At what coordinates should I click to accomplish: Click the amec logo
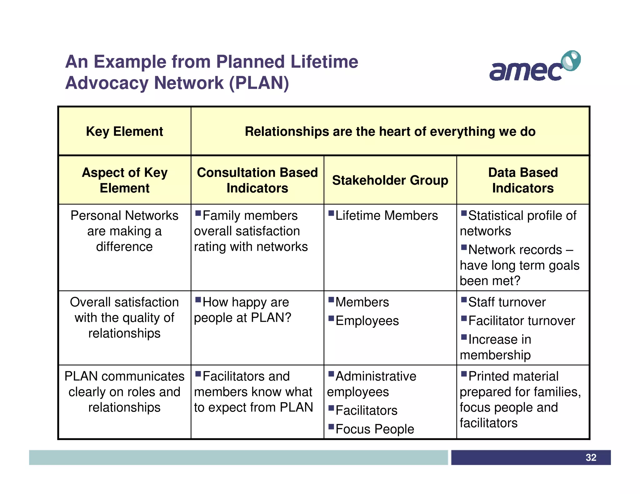(x=534, y=67)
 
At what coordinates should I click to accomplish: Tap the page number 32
(x=591, y=457)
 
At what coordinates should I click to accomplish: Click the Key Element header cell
(x=124, y=131)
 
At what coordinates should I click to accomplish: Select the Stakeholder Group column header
(x=390, y=180)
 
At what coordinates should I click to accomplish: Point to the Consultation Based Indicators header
(x=257, y=180)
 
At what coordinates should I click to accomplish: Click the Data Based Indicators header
(x=523, y=180)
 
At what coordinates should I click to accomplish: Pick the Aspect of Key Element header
(x=124, y=180)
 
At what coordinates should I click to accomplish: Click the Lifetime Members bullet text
(x=386, y=215)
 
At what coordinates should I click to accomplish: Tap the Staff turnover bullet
(x=507, y=302)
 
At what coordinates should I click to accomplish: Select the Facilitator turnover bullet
(x=521, y=321)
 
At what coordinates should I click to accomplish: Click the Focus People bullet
(x=374, y=429)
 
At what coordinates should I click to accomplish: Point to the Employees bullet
(x=367, y=321)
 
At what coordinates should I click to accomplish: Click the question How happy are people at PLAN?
(x=242, y=310)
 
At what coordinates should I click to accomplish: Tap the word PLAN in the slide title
(x=259, y=83)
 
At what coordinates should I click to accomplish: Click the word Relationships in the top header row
(x=287, y=131)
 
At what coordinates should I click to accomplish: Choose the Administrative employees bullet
(x=372, y=384)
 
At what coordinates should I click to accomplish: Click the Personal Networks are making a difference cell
(x=124, y=231)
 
